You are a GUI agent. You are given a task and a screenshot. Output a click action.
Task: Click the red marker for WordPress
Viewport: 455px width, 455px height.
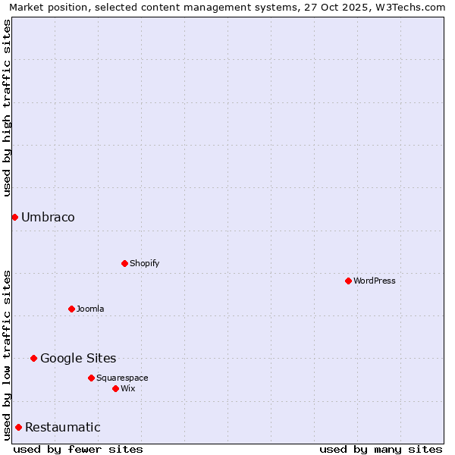[348, 281]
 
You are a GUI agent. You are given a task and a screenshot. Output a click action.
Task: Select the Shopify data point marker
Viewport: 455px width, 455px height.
[124, 263]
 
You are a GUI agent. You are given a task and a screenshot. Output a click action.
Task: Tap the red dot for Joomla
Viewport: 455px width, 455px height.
[71, 309]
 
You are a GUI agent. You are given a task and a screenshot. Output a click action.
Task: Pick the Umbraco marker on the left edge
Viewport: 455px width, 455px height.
[14, 217]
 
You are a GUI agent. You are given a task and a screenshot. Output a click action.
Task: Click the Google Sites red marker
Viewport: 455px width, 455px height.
[33, 358]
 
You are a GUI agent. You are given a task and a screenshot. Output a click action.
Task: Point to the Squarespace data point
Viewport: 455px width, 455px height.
[91, 378]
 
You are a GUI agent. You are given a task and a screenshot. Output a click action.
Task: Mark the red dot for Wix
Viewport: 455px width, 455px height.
[115, 388]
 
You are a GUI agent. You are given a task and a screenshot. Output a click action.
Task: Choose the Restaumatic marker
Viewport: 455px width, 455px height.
[18, 427]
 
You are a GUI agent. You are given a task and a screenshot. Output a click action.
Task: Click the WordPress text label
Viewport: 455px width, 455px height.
[375, 281]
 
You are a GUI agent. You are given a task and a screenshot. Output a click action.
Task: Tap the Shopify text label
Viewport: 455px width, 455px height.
[144, 263]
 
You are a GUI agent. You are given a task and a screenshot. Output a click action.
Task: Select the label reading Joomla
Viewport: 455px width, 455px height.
[90, 309]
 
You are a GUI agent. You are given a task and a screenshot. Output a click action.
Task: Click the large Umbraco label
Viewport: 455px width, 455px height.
[48, 217]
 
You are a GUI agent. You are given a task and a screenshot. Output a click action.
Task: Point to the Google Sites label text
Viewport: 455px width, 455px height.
[78, 358]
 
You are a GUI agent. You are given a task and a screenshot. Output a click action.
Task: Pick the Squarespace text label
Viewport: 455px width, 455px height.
[122, 378]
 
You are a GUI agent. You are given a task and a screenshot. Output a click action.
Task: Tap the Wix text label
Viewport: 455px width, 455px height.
[127, 388]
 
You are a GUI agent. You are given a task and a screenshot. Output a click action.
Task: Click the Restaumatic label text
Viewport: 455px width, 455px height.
[62, 427]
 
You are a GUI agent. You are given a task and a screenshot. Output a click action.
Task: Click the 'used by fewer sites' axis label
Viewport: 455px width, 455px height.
[78, 449]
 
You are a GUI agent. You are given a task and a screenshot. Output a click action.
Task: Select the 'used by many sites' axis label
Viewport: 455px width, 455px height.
[381, 449]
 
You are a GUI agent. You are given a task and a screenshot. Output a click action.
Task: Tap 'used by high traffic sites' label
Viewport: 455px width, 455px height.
[7, 108]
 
